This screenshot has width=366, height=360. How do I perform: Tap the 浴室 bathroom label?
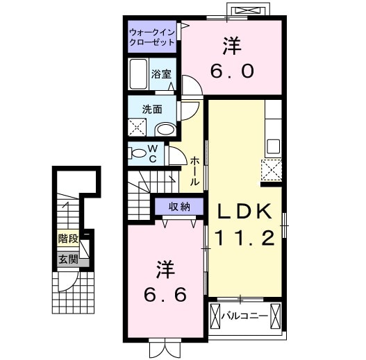[x=162, y=74]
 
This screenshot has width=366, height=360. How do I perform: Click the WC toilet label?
[x=153, y=154]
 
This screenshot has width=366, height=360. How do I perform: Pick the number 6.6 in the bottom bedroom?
[x=165, y=295]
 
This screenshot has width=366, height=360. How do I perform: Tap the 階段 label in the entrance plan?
[x=67, y=238]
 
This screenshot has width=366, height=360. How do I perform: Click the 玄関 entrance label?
[x=67, y=260]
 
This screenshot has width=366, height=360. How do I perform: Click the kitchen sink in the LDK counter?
[x=273, y=146]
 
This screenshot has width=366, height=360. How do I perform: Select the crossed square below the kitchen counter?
[x=270, y=169]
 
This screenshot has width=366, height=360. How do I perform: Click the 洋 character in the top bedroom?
[x=231, y=46]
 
